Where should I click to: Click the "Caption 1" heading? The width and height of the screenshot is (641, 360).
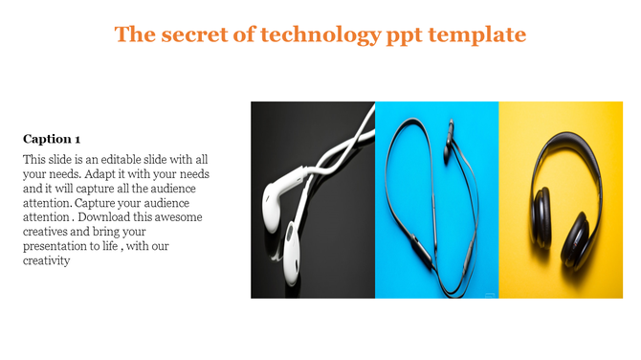click(52, 138)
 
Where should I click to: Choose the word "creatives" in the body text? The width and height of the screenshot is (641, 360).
click(48, 232)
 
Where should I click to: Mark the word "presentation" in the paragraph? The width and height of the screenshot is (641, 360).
click(55, 246)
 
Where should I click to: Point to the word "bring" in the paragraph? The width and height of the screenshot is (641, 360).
click(111, 232)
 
